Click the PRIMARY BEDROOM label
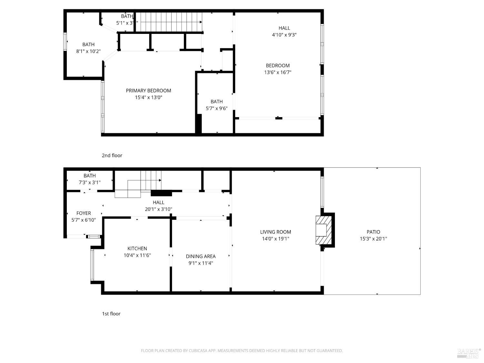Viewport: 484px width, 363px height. [x=148, y=91]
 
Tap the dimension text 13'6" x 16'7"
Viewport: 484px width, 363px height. [x=277, y=73]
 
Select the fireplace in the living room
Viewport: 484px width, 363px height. [x=324, y=230]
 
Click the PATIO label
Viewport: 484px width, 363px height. [x=373, y=232]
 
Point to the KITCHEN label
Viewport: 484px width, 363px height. [x=137, y=248]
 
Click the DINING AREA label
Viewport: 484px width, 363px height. [x=201, y=257]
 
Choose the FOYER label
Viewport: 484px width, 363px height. [x=84, y=213]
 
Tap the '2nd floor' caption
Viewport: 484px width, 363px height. [x=112, y=156]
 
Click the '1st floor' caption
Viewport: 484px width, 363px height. [x=111, y=314]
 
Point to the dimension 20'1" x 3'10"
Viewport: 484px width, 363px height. [x=158, y=209]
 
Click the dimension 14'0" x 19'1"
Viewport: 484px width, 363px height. [x=276, y=239]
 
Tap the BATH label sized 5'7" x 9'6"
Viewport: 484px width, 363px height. [x=217, y=102]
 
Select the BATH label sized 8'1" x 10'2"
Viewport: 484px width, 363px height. [x=88, y=45]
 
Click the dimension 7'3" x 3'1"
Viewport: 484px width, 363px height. [x=90, y=183]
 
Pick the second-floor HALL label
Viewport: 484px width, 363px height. [x=284, y=28]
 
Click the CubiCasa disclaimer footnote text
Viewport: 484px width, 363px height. [x=242, y=351]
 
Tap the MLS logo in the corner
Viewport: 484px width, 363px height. [x=469, y=353]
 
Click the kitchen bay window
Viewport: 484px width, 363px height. [x=92, y=265]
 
